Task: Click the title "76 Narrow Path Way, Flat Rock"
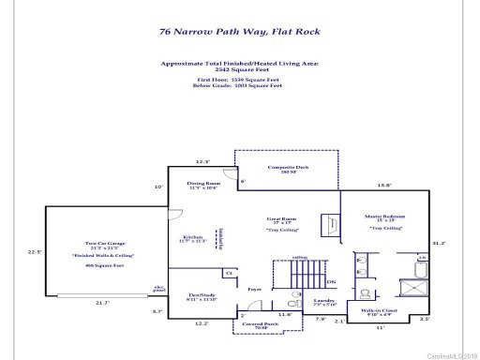pyautogui.click(x=240, y=31)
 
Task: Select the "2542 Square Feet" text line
pyautogui.click(x=240, y=68)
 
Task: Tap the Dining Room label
pyautogui.click(x=203, y=186)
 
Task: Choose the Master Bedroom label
pyautogui.click(x=383, y=218)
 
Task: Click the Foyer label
pyautogui.click(x=254, y=290)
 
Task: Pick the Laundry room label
pyautogui.click(x=323, y=301)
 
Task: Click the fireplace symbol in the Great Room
pyautogui.click(x=330, y=224)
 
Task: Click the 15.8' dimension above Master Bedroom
pyautogui.click(x=383, y=185)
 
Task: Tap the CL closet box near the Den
pyautogui.click(x=229, y=273)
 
